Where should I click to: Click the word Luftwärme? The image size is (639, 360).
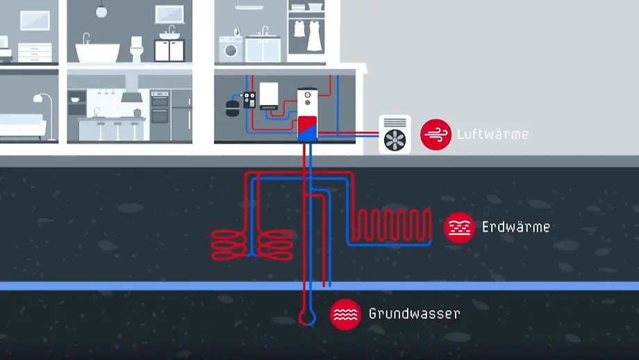492,134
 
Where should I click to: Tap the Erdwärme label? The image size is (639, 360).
515,227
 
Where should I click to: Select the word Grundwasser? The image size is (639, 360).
414,313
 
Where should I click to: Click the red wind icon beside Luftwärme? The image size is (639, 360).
435,133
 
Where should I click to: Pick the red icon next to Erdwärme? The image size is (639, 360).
459,227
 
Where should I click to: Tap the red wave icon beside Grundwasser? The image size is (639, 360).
345,315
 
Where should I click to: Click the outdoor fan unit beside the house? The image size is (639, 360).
395,134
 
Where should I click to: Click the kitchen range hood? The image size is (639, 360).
131,95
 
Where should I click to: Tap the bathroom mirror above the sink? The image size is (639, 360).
169,13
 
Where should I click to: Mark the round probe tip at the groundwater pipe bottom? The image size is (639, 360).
306,318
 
